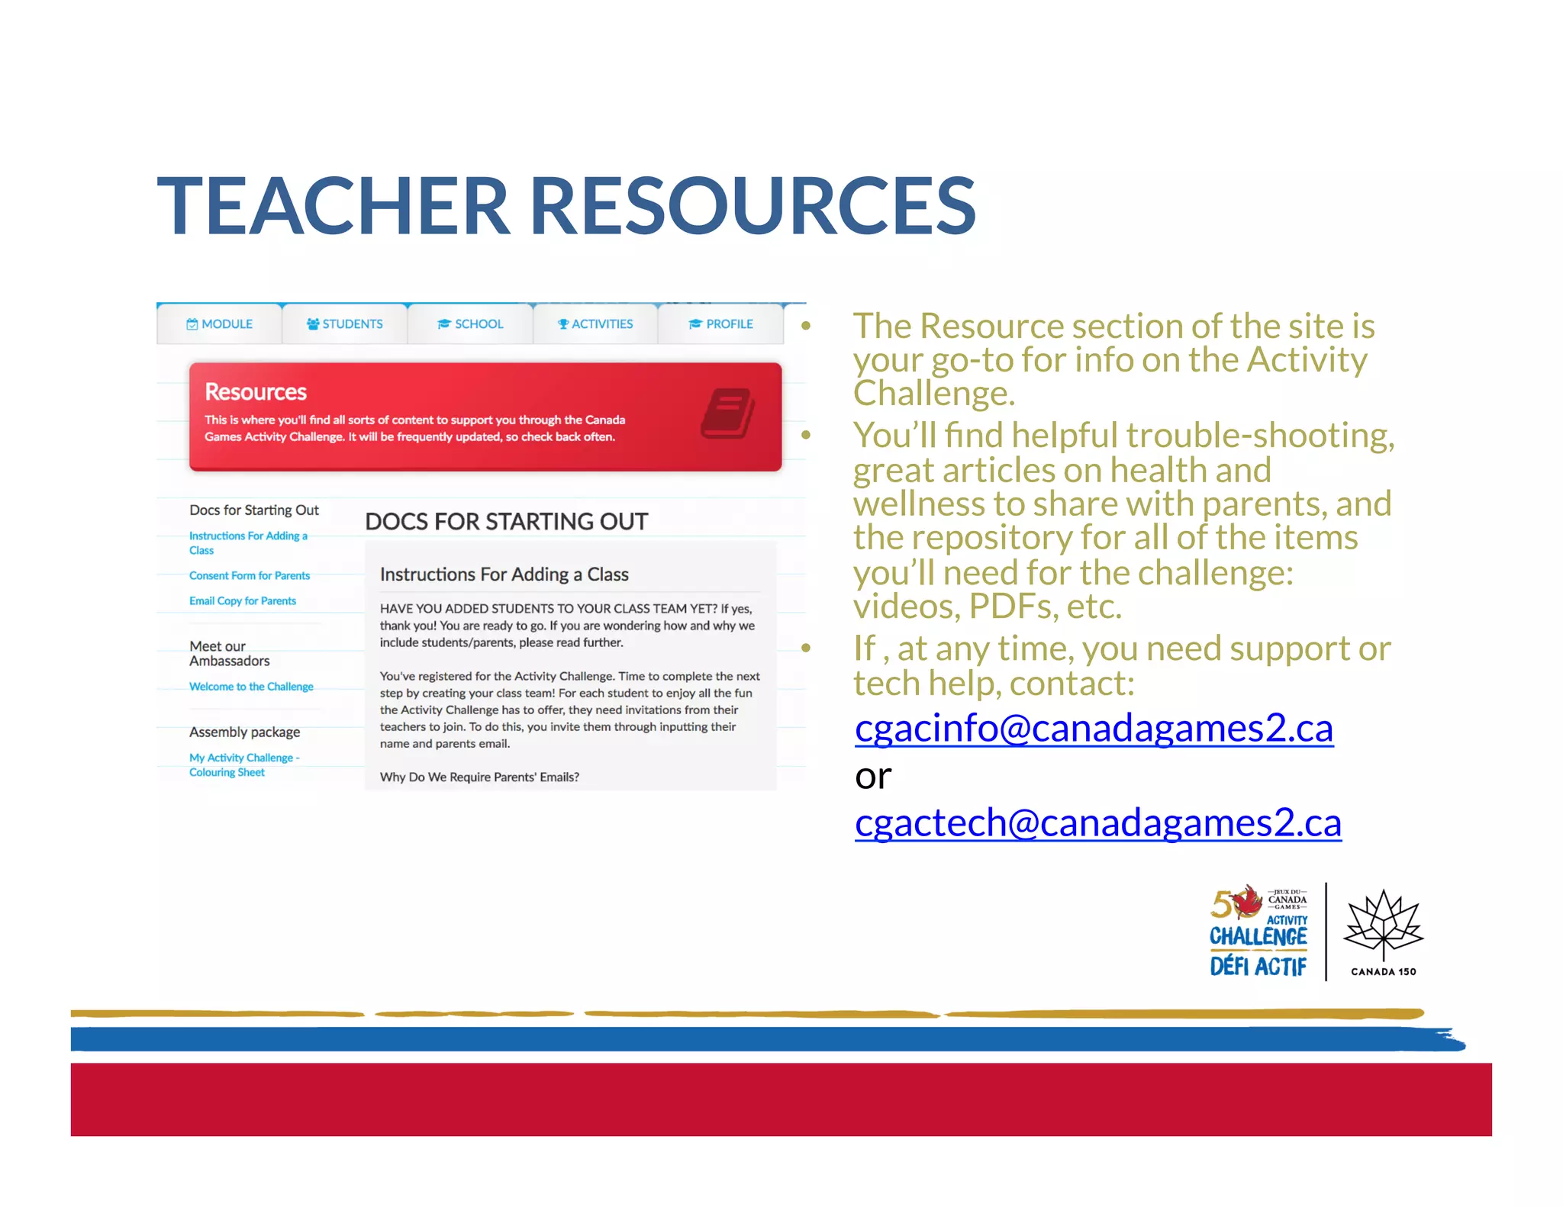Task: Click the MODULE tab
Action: [x=220, y=324]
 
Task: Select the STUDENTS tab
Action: [x=345, y=324]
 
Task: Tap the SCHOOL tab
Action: [x=470, y=324]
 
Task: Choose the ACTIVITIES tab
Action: [x=595, y=324]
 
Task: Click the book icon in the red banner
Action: [x=727, y=414]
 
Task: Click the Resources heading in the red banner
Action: [x=256, y=392]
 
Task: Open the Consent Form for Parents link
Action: [x=250, y=576]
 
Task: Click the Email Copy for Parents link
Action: [x=243, y=601]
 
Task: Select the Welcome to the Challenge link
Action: [x=251, y=687]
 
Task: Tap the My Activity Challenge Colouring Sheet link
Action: [x=244, y=765]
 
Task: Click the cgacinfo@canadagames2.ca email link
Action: [x=1094, y=729]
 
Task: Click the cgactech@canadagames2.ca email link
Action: [x=1097, y=823]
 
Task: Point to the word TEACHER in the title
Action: [x=333, y=206]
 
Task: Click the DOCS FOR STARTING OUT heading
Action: [x=506, y=522]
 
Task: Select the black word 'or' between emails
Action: [x=873, y=777]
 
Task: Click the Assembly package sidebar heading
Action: [x=244, y=732]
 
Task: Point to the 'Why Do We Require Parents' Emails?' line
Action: [x=479, y=777]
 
